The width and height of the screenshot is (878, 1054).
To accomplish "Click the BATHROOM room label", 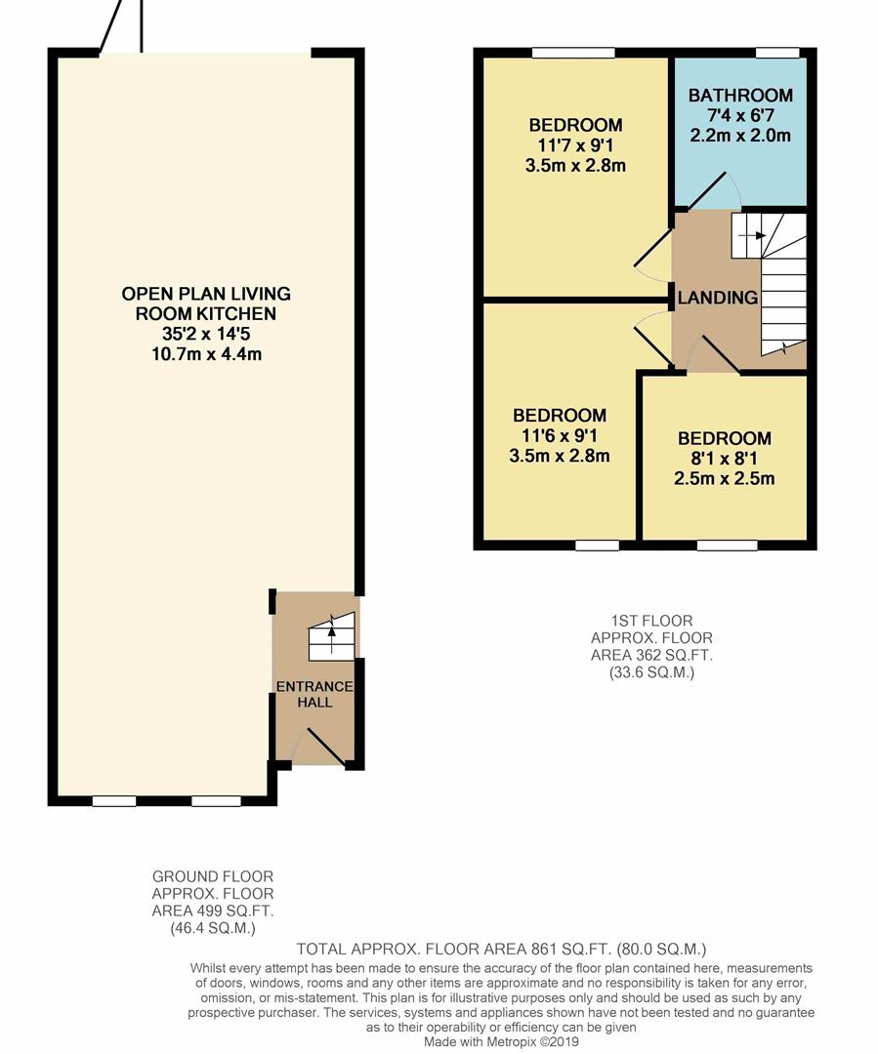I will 739,96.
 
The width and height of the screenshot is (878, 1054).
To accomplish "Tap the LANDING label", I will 718,298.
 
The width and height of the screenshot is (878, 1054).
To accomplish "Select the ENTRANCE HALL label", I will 315,694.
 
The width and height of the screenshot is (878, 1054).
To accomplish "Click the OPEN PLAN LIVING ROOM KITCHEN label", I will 206,304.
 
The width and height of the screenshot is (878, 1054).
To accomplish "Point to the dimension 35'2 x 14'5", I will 206,334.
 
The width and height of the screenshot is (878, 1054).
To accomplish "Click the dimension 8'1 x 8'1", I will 724,459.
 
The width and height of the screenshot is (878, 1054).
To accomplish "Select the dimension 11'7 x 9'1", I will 575,145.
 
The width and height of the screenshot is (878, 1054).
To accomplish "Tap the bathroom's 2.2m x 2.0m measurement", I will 739,136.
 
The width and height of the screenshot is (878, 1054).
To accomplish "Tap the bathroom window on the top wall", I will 777,53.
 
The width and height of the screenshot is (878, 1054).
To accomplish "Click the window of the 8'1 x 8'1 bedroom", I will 728,546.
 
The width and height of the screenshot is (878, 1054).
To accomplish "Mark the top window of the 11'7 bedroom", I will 573,53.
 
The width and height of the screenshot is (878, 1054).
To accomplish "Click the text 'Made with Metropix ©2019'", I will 501,1041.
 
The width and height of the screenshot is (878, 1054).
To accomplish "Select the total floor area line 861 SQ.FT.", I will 501,949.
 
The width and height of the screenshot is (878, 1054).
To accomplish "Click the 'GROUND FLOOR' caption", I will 213,877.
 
